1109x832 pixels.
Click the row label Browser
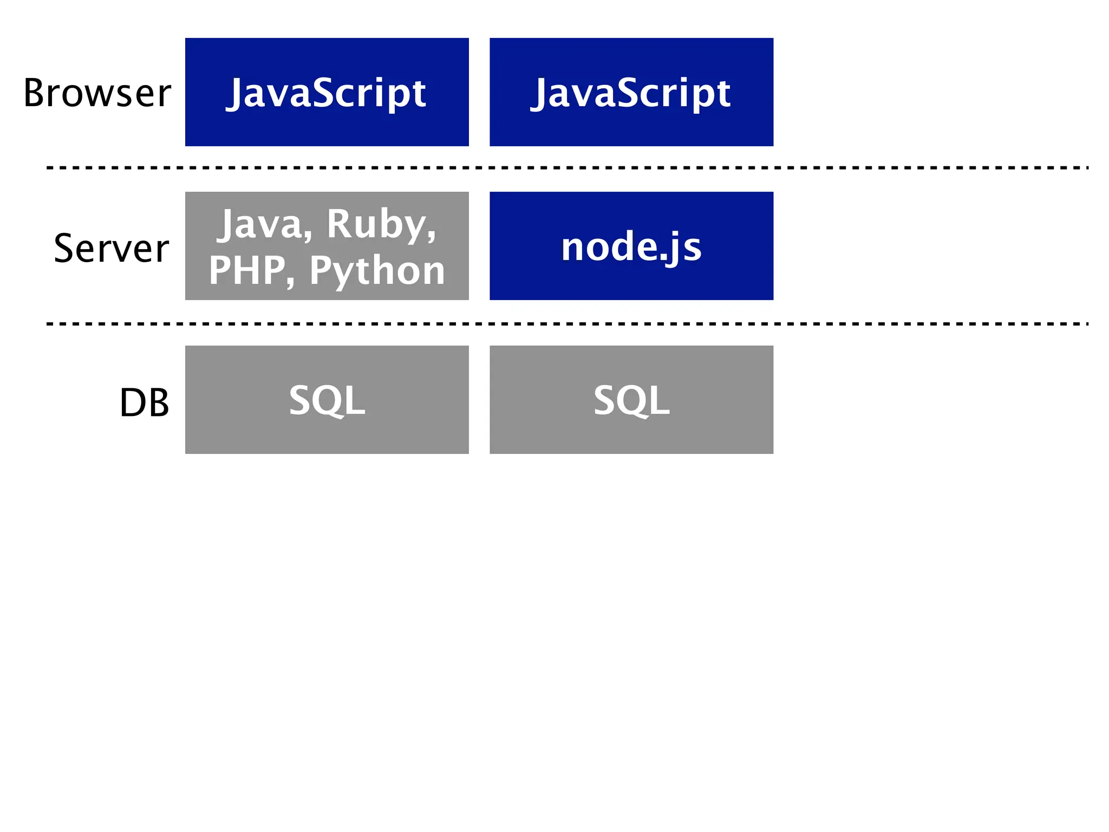97,93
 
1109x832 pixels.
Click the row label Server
112,248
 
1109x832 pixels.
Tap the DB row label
144,402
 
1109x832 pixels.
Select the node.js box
631,246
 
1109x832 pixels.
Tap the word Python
377,270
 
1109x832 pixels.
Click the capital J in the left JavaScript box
236,93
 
